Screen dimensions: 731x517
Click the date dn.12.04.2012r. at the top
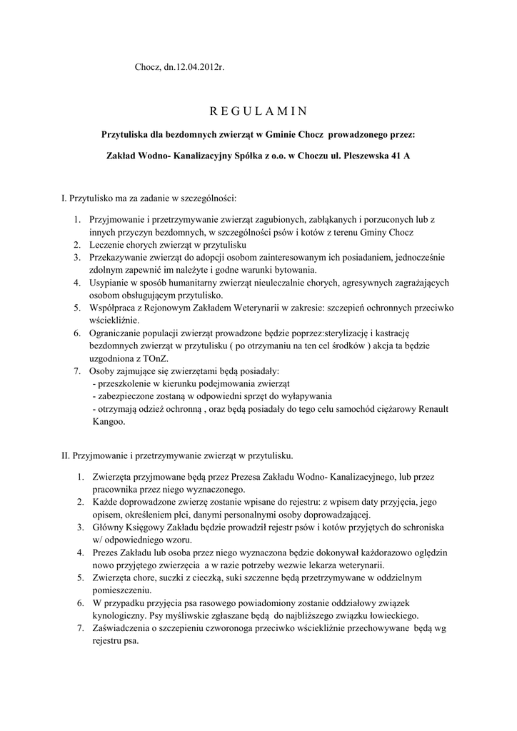[194, 66]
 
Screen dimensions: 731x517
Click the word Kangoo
[108, 422]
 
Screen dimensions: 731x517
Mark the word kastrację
[402, 333]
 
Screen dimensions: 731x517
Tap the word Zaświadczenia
[125, 628]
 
